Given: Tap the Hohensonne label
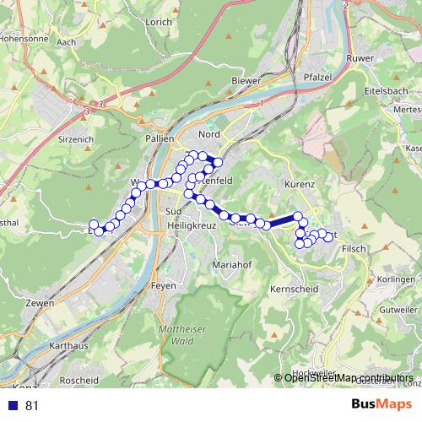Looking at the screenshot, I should [x=26, y=38].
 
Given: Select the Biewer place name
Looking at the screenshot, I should [x=245, y=81].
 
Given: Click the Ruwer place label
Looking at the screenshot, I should [x=360, y=58].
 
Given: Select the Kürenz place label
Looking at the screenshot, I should [x=299, y=183].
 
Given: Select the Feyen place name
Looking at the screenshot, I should [x=164, y=286].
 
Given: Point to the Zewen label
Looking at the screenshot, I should [x=40, y=303].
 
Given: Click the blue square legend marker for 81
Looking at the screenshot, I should [x=14, y=405].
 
